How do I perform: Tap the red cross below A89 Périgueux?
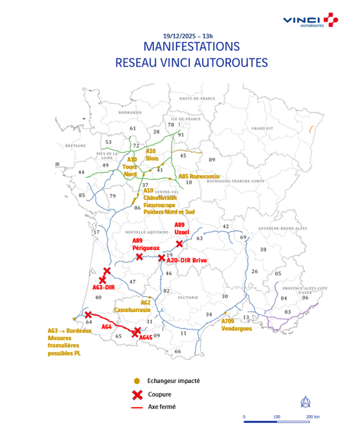click(139, 256)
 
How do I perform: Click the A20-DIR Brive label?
click(188, 258)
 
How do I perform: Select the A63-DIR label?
click(105, 287)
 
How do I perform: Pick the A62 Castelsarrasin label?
click(146, 306)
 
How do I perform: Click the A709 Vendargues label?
click(237, 324)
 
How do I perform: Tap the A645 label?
click(146, 337)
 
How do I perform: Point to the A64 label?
click(106, 327)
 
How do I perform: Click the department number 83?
click(288, 312)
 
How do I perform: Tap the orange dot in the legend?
click(135, 380)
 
